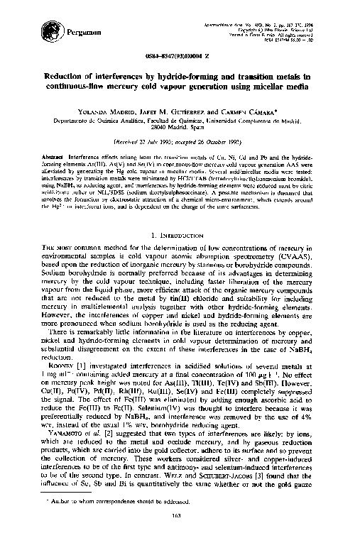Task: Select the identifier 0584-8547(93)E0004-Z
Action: pyautogui.click(x=180, y=59)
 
